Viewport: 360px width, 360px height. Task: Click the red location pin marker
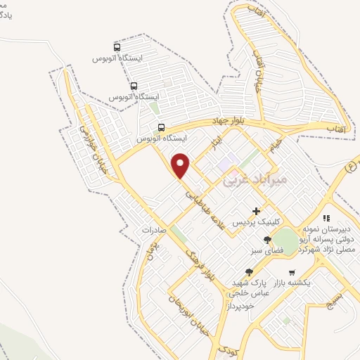[x=181, y=166]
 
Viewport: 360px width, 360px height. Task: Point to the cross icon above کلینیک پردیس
[x=257, y=211]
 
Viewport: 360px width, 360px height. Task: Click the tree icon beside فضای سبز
[x=266, y=240]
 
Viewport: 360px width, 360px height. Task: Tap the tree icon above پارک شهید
[x=248, y=272]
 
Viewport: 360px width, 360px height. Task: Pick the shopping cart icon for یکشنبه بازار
[x=291, y=272]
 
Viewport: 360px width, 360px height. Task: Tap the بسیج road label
[x=339, y=302]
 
